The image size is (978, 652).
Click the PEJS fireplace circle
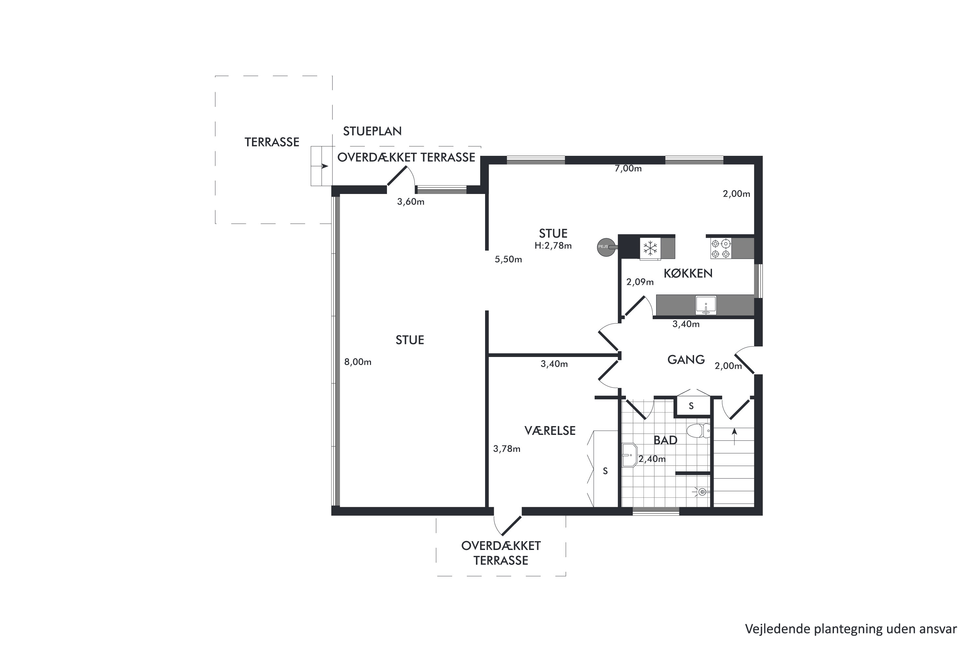606,247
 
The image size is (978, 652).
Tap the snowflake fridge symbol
650,248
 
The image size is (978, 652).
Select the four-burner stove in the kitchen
720,248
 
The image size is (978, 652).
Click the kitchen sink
706,305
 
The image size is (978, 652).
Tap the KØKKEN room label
688,274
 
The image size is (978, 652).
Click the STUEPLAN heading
372,131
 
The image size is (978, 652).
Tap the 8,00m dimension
358,362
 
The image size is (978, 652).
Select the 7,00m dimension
628,169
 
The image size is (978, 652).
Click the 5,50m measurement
508,259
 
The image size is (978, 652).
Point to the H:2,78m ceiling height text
553,246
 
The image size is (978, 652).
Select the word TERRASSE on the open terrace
272,142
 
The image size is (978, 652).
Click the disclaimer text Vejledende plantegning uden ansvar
851,629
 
